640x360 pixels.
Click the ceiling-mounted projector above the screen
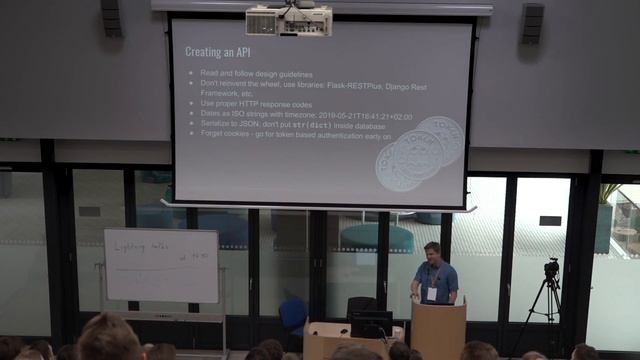pos(275,20)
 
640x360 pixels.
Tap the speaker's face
pos(432,250)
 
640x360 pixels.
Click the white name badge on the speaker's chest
pos(432,293)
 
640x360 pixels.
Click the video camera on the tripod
pos(551,269)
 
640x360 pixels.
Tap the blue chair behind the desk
pos(293,314)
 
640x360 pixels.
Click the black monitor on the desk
pos(371,322)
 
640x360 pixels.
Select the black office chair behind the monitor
pos(361,305)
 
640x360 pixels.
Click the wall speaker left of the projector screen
pos(111,17)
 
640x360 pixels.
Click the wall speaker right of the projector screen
pos(532,22)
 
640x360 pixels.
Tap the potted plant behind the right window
pos(611,210)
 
